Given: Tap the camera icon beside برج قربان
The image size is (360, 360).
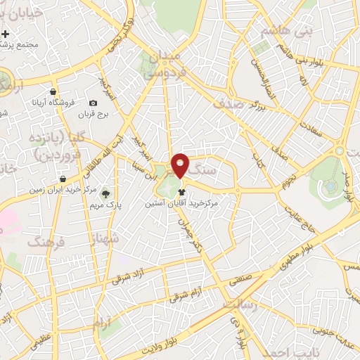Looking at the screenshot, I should tap(93, 103).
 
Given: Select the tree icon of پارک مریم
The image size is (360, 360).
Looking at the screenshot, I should tap(106, 193).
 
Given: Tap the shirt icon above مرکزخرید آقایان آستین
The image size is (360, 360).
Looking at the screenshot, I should tap(182, 191).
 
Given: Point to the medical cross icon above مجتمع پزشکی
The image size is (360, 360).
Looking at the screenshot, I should tap(6, 34).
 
